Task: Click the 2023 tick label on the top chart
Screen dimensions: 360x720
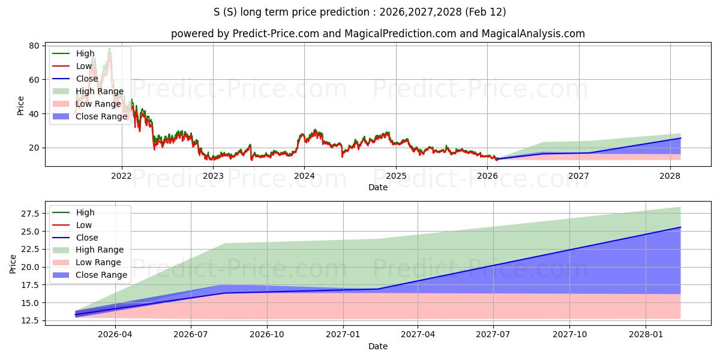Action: click(x=213, y=176)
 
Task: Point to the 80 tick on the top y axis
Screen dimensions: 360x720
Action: click(x=34, y=46)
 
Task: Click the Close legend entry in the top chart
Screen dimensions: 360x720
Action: click(x=86, y=79)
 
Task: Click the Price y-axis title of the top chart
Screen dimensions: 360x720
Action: click(x=20, y=106)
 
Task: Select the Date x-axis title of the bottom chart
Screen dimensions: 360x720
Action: click(x=378, y=346)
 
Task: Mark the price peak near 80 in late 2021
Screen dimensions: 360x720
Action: click(x=109, y=47)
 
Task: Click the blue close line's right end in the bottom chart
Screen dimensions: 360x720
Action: click(x=680, y=227)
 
